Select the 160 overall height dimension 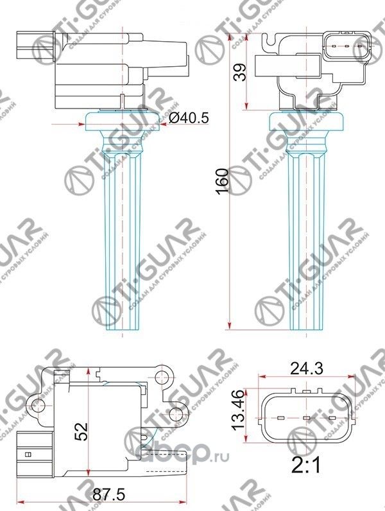222,182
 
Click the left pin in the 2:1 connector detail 280,419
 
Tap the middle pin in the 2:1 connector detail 306,419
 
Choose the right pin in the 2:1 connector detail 332,419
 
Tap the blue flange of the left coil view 121,119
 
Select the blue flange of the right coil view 305,119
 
